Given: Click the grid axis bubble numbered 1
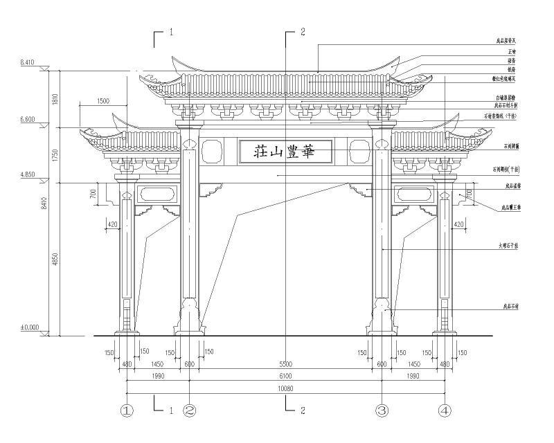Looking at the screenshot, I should coord(127,410).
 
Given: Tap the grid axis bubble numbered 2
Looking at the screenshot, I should coord(189,410).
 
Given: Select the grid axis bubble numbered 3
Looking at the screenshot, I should coord(382,410).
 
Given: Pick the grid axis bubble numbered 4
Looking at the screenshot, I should coord(444,410).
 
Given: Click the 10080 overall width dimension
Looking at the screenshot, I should coord(285,390).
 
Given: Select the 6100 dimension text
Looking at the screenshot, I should coord(285,375).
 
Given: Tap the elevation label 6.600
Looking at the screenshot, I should coord(28,120).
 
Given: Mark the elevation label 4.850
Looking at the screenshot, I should coord(28,175).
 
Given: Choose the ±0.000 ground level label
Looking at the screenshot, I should coord(29,327).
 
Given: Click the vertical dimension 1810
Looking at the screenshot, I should coord(55,98).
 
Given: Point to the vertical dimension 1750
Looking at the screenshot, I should coord(55,154).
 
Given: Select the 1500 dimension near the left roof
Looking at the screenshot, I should coord(102,102).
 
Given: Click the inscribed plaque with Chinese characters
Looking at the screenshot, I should coord(285,151).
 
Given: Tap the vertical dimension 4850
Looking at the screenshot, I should coord(55,258).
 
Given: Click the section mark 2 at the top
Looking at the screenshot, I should coord(301,32).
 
